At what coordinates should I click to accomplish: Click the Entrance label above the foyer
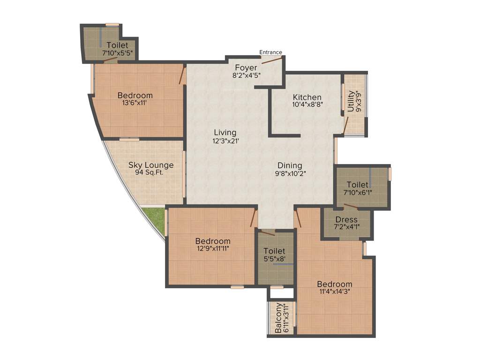271,52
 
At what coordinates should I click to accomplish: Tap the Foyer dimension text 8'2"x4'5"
246,75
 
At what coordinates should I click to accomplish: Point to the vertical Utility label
351,101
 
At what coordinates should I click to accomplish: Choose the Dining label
290,165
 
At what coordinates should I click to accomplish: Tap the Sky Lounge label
151,165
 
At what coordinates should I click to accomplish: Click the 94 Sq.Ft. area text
151,172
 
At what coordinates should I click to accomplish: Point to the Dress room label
346,219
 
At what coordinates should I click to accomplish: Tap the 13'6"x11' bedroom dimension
135,103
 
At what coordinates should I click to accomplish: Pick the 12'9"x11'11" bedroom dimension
213,248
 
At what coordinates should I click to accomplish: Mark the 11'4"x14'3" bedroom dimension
334,292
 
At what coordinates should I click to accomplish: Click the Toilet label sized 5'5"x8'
274,251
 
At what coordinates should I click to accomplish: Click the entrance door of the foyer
272,60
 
